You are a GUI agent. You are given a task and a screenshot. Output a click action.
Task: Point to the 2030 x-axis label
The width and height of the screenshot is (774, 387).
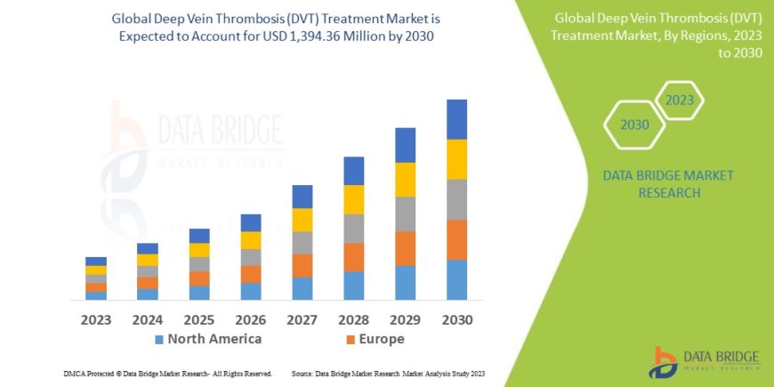click(x=456, y=318)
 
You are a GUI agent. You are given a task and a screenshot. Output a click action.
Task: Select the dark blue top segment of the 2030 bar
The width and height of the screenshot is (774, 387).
click(x=456, y=119)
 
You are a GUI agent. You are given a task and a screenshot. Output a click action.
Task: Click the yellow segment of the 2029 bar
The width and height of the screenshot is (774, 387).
click(x=405, y=180)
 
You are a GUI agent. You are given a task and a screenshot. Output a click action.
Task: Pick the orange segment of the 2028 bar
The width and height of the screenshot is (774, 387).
click(x=353, y=257)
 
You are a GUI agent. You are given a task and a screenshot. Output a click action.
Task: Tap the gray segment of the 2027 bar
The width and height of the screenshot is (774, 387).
click(x=302, y=243)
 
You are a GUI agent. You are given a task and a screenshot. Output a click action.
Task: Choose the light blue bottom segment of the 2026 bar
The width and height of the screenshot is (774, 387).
click(x=251, y=291)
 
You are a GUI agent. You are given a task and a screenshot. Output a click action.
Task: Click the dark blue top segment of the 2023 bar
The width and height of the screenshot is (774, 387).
click(x=96, y=262)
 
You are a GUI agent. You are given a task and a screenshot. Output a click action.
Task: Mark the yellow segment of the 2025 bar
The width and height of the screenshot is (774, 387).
click(x=199, y=250)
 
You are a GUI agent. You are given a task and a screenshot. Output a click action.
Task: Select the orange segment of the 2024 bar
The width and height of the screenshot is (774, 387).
click(x=148, y=283)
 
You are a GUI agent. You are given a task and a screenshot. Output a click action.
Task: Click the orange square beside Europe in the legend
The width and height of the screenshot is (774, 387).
click(x=351, y=340)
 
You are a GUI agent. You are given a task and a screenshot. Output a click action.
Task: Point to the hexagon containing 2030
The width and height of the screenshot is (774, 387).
click(x=634, y=125)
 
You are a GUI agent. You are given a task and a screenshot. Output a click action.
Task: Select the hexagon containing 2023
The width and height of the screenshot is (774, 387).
click(x=679, y=101)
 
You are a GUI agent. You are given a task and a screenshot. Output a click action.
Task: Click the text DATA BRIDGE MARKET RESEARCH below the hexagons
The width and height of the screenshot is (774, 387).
click(x=668, y=183)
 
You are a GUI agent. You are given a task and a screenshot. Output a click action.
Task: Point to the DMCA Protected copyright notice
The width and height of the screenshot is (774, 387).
click(x=168, y=374)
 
